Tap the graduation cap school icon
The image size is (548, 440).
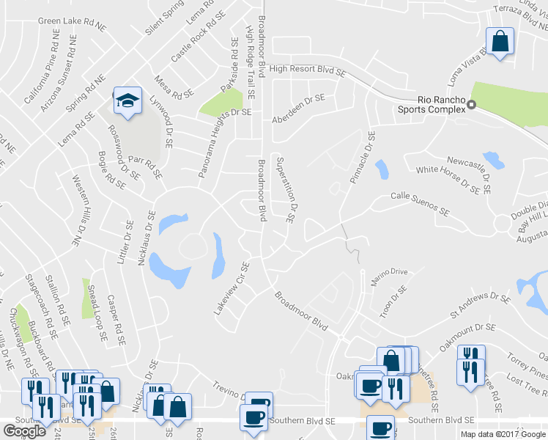(x=127, y=101)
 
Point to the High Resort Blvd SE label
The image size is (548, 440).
(x=307, y=71)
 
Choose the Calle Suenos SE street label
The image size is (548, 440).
(x=419, y=203)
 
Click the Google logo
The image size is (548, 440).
(x=24, y=431)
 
